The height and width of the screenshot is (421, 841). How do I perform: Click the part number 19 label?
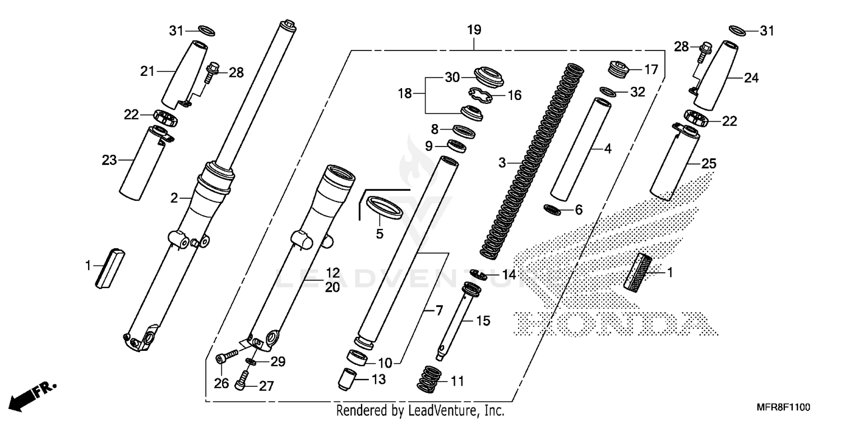click(x=474, y=30)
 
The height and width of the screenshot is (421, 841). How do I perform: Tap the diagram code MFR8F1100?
click(x=785, y=406)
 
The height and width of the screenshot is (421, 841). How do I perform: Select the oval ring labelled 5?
click(x=384, y=205)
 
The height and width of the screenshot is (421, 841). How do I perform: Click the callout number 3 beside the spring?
click(x=502, y=163)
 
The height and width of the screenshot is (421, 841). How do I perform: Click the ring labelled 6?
click(x=553, y=209)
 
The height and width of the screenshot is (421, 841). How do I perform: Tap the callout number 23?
click(x=109, y=161)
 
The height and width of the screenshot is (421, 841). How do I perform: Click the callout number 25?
click(x=709, y=164)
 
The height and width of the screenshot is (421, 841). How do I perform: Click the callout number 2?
click(x=174, y=198)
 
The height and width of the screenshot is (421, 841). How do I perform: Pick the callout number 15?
click(x=483, y=321)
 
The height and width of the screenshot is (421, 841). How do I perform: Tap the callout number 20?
click(x=332, y=287)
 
